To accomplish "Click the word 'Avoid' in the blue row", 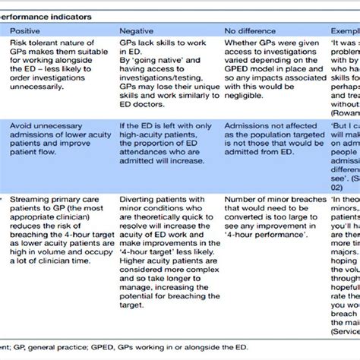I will coord(23,125).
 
